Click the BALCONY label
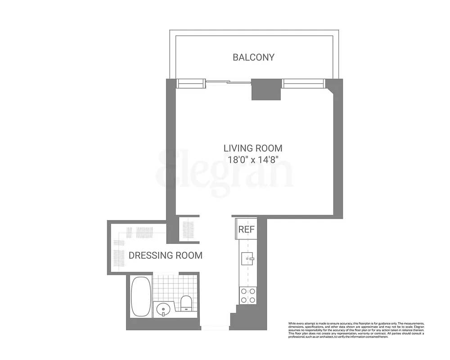click(x=253, y=57)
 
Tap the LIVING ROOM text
click(x=253, y=148)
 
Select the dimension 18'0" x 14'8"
click(x=253, y=159)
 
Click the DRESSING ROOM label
click(x=165, y=256)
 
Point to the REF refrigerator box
click(x=246, y=229)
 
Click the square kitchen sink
click(x=247, y=259)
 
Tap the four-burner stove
click(x=247, y=295)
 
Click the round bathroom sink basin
click(x=163, y=310)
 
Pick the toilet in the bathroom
click(x=186, y=303)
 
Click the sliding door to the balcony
click(x=228, y=82)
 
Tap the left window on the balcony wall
click(x=191, y=83)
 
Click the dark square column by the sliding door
click(x=265, y=89)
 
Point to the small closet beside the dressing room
click(x=189, y=229)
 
